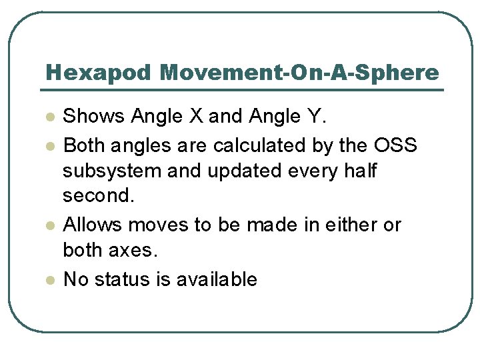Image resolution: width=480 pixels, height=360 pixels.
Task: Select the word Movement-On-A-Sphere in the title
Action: [x=299, y=73]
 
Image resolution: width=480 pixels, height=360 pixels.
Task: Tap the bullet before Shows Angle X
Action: [x=49, y=117]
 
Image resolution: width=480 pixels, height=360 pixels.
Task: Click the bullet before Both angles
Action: [x=49, y=145]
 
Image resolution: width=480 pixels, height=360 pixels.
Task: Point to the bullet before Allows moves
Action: [x=49, y=226]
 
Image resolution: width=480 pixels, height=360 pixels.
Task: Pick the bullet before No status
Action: [x=49, y=280]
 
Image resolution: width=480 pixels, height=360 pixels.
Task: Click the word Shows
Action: [x=94, y=117]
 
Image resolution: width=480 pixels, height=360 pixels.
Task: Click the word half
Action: [x=360, y=171]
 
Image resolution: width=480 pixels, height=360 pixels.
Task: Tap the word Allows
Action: [x=93, y=225]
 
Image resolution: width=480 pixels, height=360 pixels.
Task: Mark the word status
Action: [x=121, y=279]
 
